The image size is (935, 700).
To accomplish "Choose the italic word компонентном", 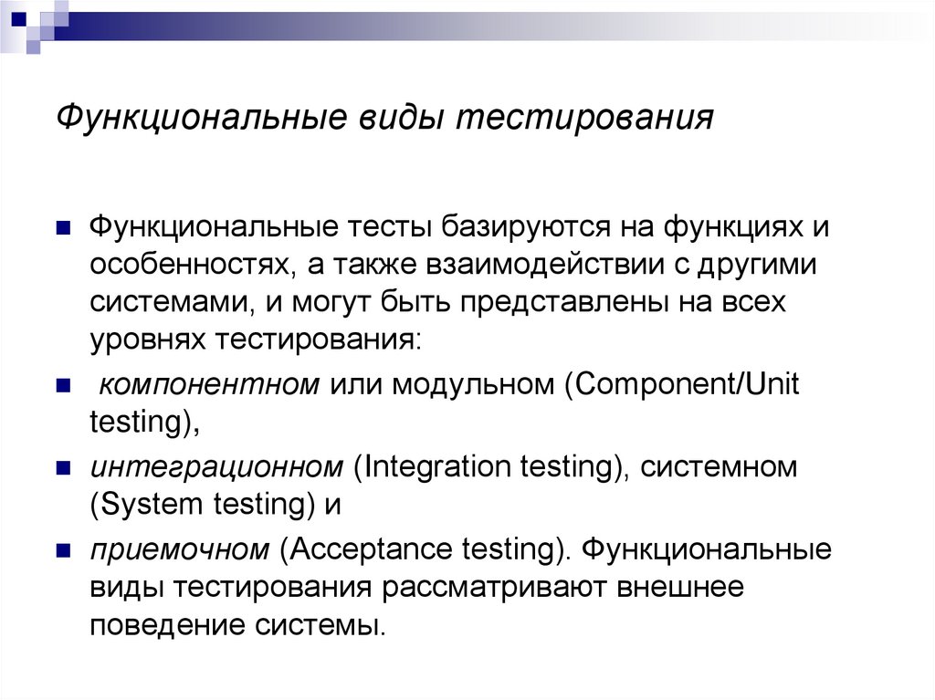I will point(208,383).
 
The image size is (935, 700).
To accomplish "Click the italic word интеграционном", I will point(215,466).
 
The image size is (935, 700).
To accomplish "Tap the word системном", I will point(719,466).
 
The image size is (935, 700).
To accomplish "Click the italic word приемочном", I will point(180,549).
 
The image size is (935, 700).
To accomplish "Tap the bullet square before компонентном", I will point(64,386).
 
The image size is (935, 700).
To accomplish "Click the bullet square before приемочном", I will point(64,552).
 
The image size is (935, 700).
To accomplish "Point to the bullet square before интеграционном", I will point(64,469).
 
